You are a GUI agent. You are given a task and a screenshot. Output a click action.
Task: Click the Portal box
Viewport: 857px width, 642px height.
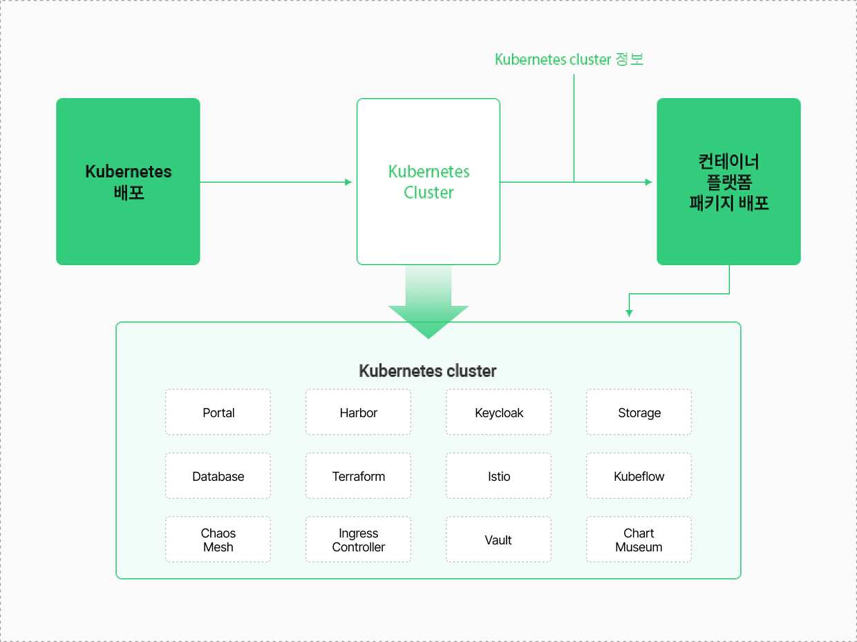tap(218, 412)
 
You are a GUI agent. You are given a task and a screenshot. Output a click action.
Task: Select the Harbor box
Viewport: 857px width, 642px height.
tap(359, 412)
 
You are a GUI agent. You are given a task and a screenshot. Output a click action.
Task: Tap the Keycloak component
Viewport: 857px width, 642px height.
tap(498, 412)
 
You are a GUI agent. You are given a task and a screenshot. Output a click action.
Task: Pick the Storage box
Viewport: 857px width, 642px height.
tap(639, 412)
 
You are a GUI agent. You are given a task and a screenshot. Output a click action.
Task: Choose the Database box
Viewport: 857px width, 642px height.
tap(218, 476)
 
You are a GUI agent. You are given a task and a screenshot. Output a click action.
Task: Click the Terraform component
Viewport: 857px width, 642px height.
tap(359, 476)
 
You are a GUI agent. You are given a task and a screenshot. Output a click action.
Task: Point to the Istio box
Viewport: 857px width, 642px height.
tap(498, 476)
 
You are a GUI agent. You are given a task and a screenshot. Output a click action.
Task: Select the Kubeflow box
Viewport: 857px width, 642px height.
tap(639, 476)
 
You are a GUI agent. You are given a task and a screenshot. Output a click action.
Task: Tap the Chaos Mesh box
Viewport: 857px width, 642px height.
tap(218, 540)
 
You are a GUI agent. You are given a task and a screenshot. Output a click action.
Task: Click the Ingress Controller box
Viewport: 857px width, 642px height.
tap(359, 540)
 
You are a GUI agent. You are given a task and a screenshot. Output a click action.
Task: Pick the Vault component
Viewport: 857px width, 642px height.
tap(498, 540)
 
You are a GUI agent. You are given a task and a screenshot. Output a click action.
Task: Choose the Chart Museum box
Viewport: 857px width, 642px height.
tap(639, 540)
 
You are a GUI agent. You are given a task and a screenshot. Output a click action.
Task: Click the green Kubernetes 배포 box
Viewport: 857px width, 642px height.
tap(128, 182)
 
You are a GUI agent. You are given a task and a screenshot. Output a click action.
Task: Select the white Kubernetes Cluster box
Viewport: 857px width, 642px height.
tap(428, 182)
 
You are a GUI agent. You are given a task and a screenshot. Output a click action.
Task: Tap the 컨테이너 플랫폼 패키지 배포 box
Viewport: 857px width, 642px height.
tap(728, 182)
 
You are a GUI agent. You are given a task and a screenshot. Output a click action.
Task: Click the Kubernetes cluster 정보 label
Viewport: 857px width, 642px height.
tap(569, 59)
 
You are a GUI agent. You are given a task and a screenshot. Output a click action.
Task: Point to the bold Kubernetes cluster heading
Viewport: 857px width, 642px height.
tap(428, 371)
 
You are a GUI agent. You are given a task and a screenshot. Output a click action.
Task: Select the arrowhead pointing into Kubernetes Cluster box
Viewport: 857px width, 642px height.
tap(348, 182)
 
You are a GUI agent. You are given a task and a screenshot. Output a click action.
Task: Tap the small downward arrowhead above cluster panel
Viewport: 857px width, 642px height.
tap(629, 313)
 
